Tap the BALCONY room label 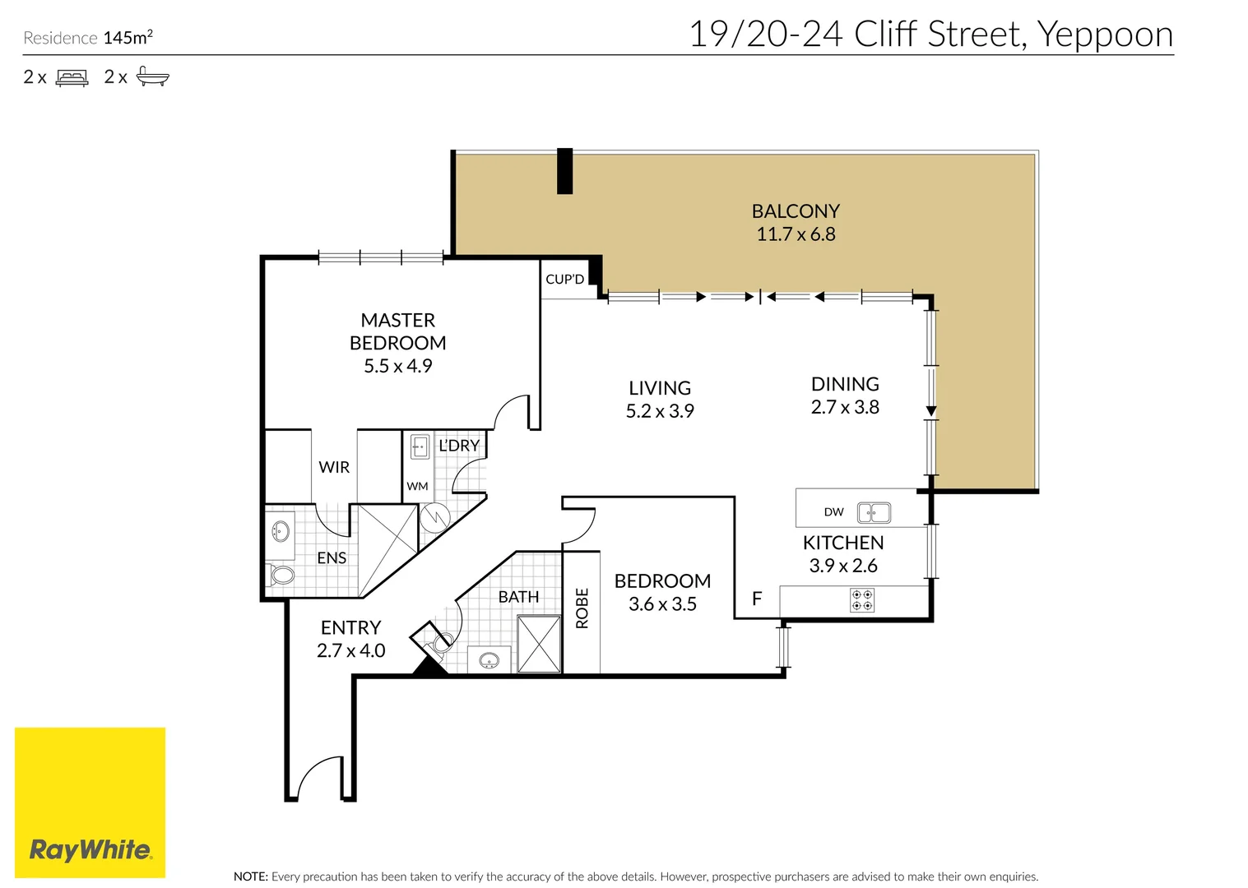click(x=796, y=211)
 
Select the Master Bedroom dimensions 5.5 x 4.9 click(x=397, y=366)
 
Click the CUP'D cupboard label click(x=564, y=280)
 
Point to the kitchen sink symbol click(x=874, y=513)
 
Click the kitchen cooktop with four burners click(x=862, y=600)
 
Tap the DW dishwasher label click(x=833, y=512)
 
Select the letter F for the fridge click(x=757, y=599)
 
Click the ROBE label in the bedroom click(x=582, y=608)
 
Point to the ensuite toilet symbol click(x=281, y=574)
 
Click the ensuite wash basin click(x=281, y=530)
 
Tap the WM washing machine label click(x=417, y=487)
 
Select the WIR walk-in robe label click(x=334, y=467)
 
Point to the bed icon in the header click(x=72, y=78)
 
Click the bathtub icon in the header click(x=152, y=77)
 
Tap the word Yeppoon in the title click(x=1104, y=35)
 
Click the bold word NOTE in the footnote click(x=250, y=876)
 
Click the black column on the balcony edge click(x=564, y=171)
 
